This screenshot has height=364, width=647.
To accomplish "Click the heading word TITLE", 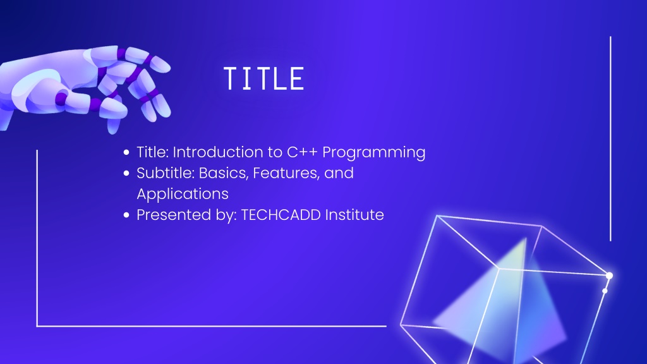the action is click(264, 78).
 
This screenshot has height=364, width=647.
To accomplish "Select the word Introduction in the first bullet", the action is click(218, 152).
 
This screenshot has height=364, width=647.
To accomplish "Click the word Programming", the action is click(374, 153).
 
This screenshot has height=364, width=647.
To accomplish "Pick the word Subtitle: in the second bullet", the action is click(166, 173).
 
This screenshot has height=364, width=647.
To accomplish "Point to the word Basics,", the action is click(224, 173).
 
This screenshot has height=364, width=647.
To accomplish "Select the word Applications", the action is click(183, 195).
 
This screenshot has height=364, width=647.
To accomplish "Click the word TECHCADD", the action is click(281, 215).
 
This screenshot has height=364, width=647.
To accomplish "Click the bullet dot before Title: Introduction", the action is click(126, 152).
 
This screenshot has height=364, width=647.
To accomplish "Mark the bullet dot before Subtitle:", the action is click(126, 173).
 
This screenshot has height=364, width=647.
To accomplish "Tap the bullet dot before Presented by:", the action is click(126, 215).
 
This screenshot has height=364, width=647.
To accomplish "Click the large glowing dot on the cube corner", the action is click(609, 276).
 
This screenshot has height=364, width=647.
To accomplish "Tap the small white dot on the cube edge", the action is click(605, 291).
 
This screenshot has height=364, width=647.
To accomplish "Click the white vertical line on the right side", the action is click(610, 138).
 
